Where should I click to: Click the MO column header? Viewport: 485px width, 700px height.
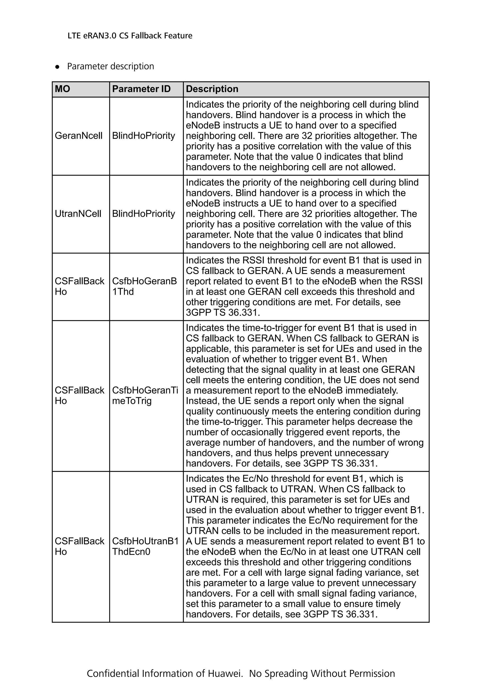pos(62,89)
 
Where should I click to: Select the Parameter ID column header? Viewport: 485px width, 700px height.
pos(141,89)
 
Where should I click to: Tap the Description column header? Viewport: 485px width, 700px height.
pos(212,89)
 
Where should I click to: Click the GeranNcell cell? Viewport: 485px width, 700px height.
pos(78,136)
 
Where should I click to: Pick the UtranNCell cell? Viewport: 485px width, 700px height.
pos(78,214)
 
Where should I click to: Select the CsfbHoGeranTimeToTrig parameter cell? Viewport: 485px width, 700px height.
pos(145,395)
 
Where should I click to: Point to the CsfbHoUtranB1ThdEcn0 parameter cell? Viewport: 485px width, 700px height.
pos(145,546)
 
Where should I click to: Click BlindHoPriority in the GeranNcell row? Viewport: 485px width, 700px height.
pos(144,136)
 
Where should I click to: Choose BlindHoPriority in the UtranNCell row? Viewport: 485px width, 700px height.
pos(144,214)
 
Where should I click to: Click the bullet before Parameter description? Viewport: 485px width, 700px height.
pos(57,67)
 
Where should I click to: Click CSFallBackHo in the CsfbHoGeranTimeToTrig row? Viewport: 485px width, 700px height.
pos(79,395)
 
